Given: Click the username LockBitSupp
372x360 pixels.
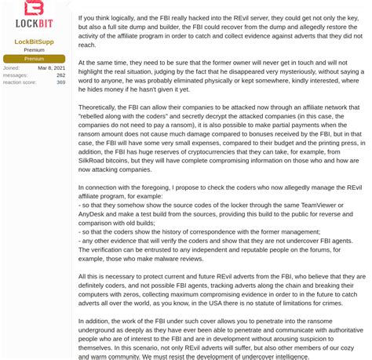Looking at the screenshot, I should [34, 41].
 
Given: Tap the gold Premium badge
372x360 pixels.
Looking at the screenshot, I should [34, 59].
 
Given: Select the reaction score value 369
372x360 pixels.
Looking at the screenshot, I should [61, 82].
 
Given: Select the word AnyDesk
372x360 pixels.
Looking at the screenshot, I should [96, 215].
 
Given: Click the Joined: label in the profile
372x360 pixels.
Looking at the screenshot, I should [11, 67].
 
